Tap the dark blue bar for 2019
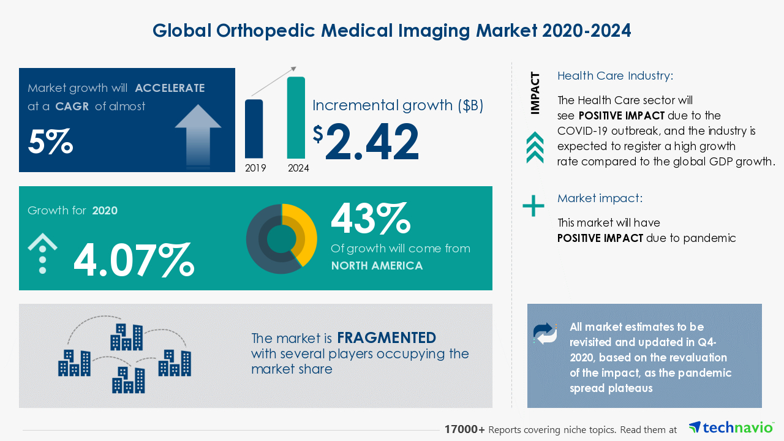tap(254, 129)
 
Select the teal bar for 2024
tap(296, 118)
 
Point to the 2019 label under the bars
tap(255, 168)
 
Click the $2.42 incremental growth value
tap(366, 141)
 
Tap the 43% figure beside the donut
tap(370, 219)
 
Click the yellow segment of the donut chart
tap(304, 232)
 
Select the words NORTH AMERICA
tap(377, 266)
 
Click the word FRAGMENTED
tap(386, 337)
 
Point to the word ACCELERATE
tap(170, 88)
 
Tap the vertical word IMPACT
tap(535, 93)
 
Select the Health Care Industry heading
tap(615, 76)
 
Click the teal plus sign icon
tap(533, 206)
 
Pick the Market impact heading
tap(600, 198)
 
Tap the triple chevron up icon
tap(535, 148)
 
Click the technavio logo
tap(731, 428)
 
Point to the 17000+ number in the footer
tap(464, 430)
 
